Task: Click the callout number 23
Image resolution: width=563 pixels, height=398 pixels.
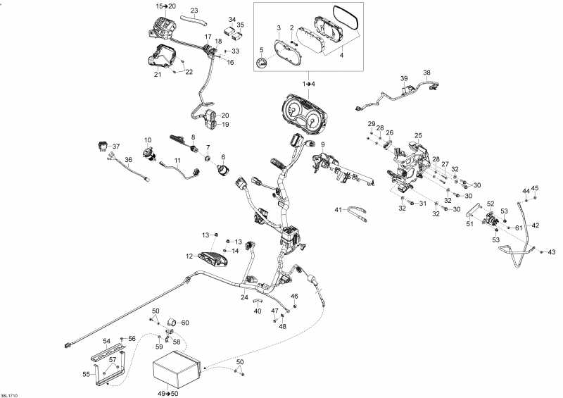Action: [x=194, y=10]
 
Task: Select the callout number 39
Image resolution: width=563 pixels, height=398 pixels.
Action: [x=404, y=77]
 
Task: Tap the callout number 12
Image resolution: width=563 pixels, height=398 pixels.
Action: [x=189, y=256]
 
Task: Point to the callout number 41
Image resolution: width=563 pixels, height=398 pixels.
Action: [x=338, y=209]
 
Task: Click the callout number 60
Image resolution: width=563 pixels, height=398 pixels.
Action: [x=185, y=323]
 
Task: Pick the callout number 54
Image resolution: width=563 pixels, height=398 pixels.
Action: [x=107, y=341]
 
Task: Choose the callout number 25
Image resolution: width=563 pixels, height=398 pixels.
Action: [x=418, y=135]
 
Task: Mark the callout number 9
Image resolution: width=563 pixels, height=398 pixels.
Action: [x=323, y=144]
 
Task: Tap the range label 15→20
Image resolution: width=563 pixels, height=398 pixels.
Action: [x=167, y=6]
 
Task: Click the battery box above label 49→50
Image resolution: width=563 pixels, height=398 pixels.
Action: [x=177, y=371]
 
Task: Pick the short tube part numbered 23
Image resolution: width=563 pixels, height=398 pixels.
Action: [x=189, y=20]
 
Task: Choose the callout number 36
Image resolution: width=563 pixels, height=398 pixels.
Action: [x=128, y=160]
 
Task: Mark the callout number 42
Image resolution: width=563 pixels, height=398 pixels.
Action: [x=536, y=225]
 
